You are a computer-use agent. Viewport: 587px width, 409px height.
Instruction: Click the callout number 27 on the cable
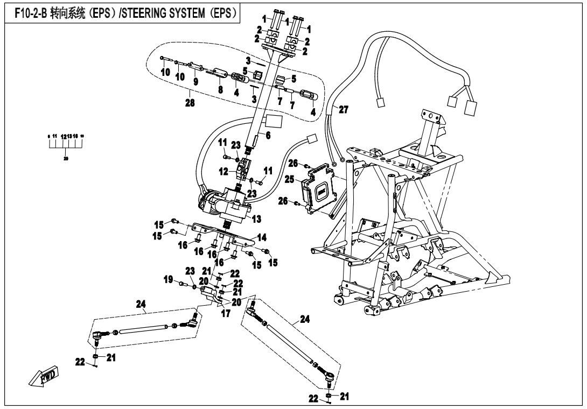pos(343,109)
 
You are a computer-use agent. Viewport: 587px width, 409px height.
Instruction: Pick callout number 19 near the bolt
pos(169,280)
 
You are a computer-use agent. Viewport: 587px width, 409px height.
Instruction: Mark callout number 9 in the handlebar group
pos(195,82)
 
